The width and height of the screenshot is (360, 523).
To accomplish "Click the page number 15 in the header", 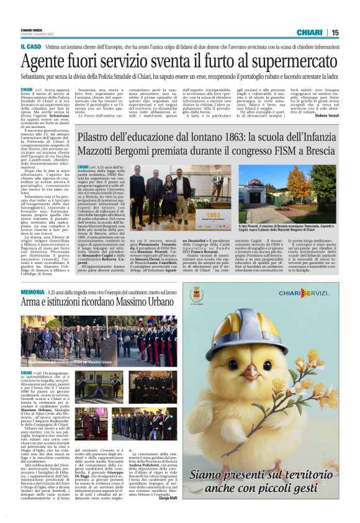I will point(352,32).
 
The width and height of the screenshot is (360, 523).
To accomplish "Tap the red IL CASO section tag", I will point(30,46).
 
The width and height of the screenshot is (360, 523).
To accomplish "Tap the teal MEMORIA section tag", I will point(32,292).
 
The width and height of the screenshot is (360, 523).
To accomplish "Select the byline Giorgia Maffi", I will point(166,498).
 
